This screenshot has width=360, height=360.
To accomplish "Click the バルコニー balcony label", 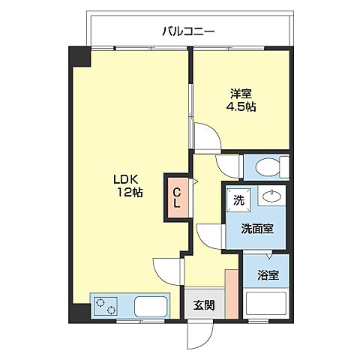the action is tap(188, 31).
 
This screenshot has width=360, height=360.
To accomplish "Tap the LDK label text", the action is tap(126, 179).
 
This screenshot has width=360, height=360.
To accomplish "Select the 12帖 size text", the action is tap(130, 192).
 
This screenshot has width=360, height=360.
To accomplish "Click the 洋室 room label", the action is tap(241, 94).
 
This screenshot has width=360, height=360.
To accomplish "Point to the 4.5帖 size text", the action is tap(241, 106).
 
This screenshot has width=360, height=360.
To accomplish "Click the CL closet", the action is tap(177, 198).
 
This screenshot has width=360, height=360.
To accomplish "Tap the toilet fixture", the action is tap(272, 166).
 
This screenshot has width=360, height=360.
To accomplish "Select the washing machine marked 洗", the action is tap(238, 200).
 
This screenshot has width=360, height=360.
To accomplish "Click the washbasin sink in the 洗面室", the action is tap(271, 196).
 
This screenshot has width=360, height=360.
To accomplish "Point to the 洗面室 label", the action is tap(257, 229).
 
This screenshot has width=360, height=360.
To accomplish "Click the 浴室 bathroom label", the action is tap(268, 275).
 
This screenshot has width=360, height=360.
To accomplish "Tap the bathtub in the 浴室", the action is tap(266, 304).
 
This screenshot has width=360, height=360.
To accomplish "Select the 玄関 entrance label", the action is tap(204, 305).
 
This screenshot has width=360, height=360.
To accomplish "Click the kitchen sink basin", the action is tap(151, 307).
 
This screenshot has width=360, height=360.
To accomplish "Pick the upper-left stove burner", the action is tap(100, 302).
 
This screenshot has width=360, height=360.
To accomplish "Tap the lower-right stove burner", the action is tap(110, 310).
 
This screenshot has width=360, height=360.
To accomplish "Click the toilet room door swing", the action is tap(227, 166).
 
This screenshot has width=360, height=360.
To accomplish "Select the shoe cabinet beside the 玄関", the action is tap(232, 294).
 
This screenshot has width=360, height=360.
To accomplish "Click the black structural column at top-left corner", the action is tap(80, 57).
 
